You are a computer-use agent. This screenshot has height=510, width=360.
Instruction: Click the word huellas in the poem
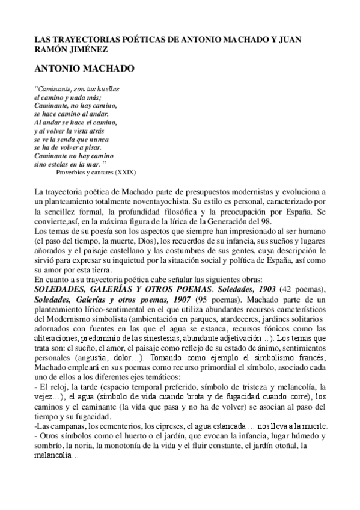[106, 88]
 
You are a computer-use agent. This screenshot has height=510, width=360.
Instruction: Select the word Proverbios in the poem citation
[71, 171]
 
